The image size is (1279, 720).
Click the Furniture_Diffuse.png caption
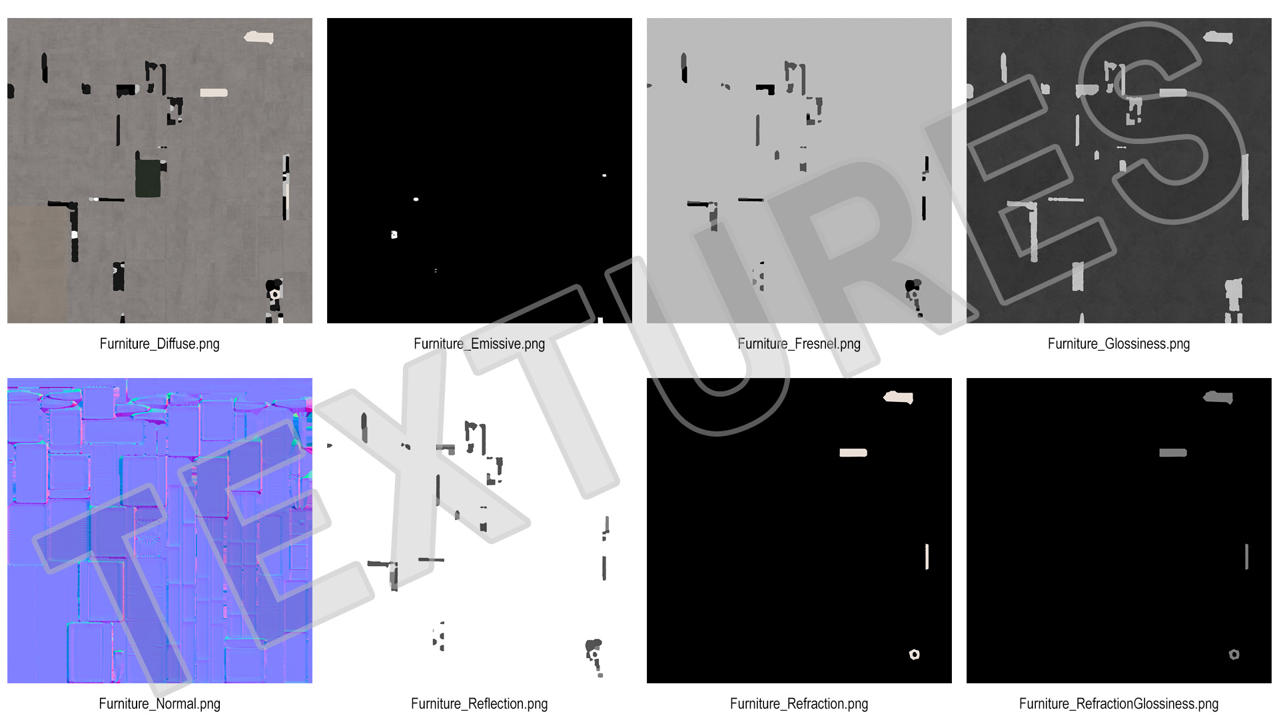click(x=159, y=344)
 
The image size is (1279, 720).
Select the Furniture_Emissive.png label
click(x=479, y=344)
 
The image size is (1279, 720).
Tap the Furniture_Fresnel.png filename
click(x=799, y=344)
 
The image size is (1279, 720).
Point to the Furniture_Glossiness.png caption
click(x=1118, y=344)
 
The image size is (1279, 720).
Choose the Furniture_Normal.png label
click(x=159, y=704)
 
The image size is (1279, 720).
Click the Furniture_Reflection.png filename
click(x=479, y=704)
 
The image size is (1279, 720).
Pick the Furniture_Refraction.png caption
click(x=799, y=704)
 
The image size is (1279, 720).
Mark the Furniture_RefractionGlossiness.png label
click(x=1118, y=704)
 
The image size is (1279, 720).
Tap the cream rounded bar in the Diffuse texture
click(x=214, y=93)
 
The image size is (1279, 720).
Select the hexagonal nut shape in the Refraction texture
click(x=915, y=655)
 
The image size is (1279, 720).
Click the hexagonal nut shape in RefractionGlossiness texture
click(x=1234, y=655)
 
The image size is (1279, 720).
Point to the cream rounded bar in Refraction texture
click(x=853, y=453)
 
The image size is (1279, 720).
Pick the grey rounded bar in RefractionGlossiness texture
click(x=1173, y=453)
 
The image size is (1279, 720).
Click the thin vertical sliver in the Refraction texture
click(x=927, y=557)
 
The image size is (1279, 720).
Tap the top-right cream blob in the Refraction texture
click(x=899, y=398)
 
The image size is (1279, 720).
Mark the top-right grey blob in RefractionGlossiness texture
click(x=1218, y=398)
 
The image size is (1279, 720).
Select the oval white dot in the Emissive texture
click(x=416, y=199)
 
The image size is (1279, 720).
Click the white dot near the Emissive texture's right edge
click(x=604, y=175)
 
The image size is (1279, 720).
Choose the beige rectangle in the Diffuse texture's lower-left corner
click(x=37, y=265)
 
